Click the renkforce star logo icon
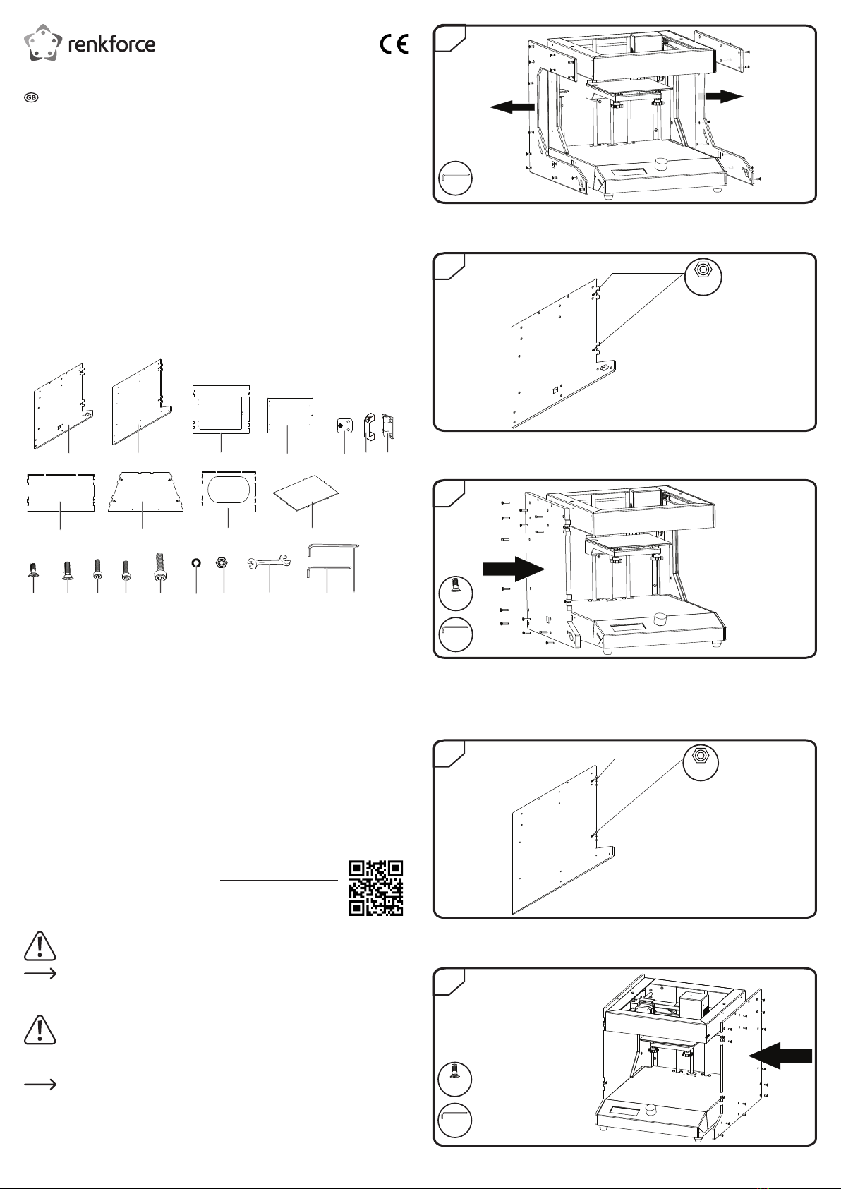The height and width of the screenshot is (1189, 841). tap(43, 42)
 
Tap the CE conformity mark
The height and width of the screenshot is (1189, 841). tap(394, 44)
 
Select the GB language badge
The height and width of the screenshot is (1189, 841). tap(31, 97)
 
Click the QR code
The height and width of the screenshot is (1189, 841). tap(375, 888)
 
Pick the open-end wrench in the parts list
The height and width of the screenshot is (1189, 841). tap(269, 562)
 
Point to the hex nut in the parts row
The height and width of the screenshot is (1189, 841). tap(222, 562)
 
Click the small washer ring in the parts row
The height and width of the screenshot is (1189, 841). tap(196, 562)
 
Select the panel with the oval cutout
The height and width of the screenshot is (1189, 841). tap(229, 492)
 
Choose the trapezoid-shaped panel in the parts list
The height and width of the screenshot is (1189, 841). tap(145, 491)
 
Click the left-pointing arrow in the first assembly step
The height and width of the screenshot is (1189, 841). tap(512, 107)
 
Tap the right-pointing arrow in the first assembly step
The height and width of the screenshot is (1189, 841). tap(725, 96)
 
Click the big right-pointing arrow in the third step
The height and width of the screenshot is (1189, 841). tap(514, 569)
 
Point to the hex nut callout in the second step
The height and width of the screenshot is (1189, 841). tap(703, 277)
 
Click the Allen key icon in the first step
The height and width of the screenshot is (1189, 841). tap(456, 178)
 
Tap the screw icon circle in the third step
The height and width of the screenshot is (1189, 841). tap(456, 593)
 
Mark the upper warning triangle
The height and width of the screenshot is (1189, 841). tap(40, 946)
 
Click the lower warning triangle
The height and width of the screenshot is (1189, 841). tap(40, 1030)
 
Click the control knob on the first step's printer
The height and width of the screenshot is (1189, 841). tap(663, 162)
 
